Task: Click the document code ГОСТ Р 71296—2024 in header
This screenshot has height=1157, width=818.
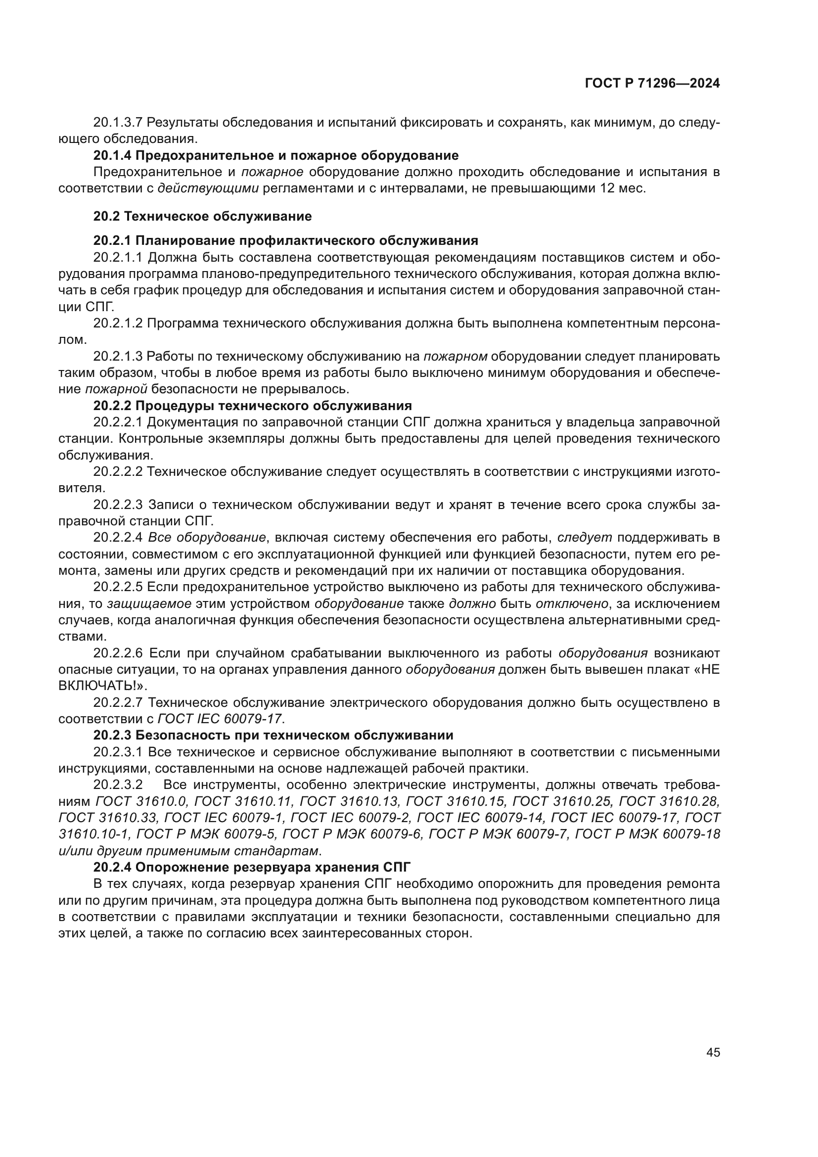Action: [652, 84]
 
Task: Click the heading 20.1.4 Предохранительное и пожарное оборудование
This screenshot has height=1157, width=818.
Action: [275, 155]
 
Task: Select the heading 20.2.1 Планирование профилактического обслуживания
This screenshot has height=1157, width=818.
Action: [285, 240]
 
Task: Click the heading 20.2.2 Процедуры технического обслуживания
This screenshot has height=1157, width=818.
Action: [252, 406]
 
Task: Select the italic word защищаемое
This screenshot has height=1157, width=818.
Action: [149, 603]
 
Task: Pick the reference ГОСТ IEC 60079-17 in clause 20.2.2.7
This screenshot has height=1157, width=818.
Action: [221, 719]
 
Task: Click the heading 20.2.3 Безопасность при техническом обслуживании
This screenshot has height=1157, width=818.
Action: [273, 735]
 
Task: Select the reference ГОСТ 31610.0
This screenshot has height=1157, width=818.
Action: [141, 801]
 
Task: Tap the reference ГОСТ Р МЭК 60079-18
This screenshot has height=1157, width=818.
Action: [647, 834]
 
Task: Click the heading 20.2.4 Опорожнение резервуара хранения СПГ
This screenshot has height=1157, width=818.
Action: [252, 867]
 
